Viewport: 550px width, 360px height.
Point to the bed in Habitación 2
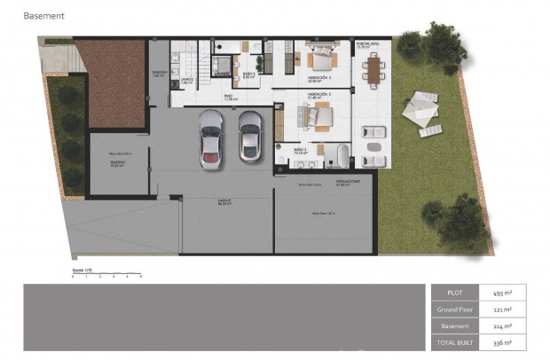[x=315, y=115]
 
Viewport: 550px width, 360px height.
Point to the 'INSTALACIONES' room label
[x=348, y=182]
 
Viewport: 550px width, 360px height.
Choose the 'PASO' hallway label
[x=228, y=97]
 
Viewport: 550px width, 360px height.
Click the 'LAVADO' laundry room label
[x=186, y=80]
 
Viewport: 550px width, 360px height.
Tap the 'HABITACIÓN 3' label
[x=318, y=78]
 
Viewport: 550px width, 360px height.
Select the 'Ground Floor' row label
[x=452, y=309]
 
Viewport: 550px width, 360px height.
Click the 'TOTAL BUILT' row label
[x=452, y=342]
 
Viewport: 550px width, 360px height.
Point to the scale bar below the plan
[x=106, y=275]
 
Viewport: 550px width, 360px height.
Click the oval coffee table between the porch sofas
[x=374, y=146]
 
